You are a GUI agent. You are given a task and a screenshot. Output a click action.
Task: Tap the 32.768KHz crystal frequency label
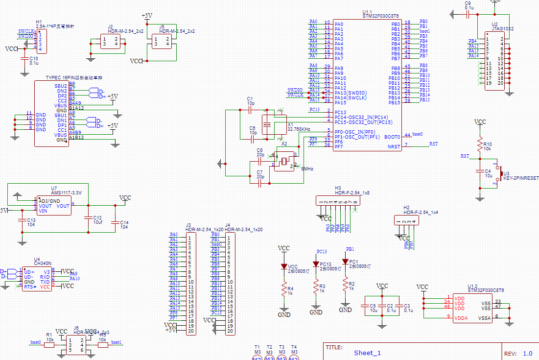point(299,129)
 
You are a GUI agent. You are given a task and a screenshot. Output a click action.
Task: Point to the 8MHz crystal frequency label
point(307,168)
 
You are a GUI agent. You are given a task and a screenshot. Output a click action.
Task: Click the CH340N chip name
point(42,264)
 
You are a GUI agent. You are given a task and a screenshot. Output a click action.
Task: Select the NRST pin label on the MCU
point(394,146)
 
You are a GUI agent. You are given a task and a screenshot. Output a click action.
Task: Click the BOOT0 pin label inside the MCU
point(392,137)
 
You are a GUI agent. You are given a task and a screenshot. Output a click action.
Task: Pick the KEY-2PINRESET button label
point(521,179)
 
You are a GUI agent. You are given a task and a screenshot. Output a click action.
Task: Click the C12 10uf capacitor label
point(97,220)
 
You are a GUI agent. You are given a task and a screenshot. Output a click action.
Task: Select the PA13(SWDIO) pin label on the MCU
point(350,93)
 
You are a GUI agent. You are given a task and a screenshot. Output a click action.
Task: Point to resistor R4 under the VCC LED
point(290,289)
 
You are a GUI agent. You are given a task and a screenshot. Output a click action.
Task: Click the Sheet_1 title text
point(367,353)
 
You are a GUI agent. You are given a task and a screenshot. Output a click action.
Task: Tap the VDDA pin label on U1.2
point(460,318)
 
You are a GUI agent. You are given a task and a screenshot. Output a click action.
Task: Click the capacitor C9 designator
point(468,3)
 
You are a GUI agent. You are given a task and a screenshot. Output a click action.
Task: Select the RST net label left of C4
point(465,156)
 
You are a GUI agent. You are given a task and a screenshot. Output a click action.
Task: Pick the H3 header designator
point(338,188)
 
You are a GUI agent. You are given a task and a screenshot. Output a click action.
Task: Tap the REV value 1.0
point(527,353)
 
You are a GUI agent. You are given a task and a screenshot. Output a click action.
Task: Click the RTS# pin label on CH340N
point(30,287)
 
